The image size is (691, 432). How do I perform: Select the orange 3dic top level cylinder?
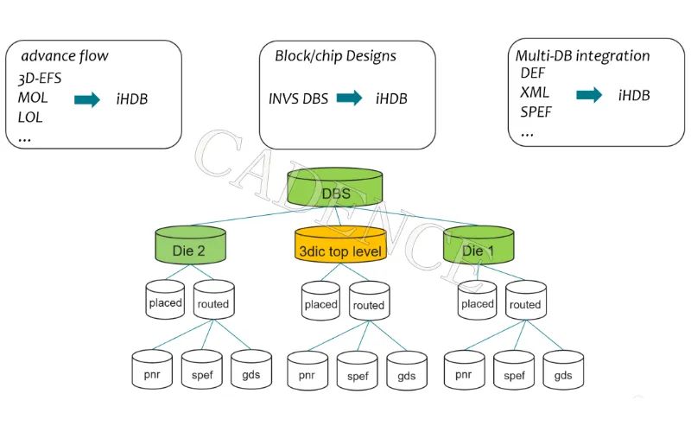click(x=338, y=248)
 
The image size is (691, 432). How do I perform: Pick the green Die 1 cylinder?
click(x=479, y=248)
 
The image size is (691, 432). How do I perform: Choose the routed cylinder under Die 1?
click(x=525, y=302)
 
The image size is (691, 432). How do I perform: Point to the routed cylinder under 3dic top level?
click(x=369, y=302)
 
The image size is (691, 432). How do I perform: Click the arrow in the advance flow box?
click(x=87, y=99)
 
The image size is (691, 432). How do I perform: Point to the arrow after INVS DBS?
click(x=349, y=98)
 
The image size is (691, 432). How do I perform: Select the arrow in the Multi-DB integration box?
click(x=589, y=95)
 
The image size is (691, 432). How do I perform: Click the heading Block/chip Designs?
click(x=335, y=56)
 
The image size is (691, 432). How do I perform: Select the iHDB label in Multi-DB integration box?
click(x=634, y=95)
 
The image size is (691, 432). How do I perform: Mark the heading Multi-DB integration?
click(x=582, y=56)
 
